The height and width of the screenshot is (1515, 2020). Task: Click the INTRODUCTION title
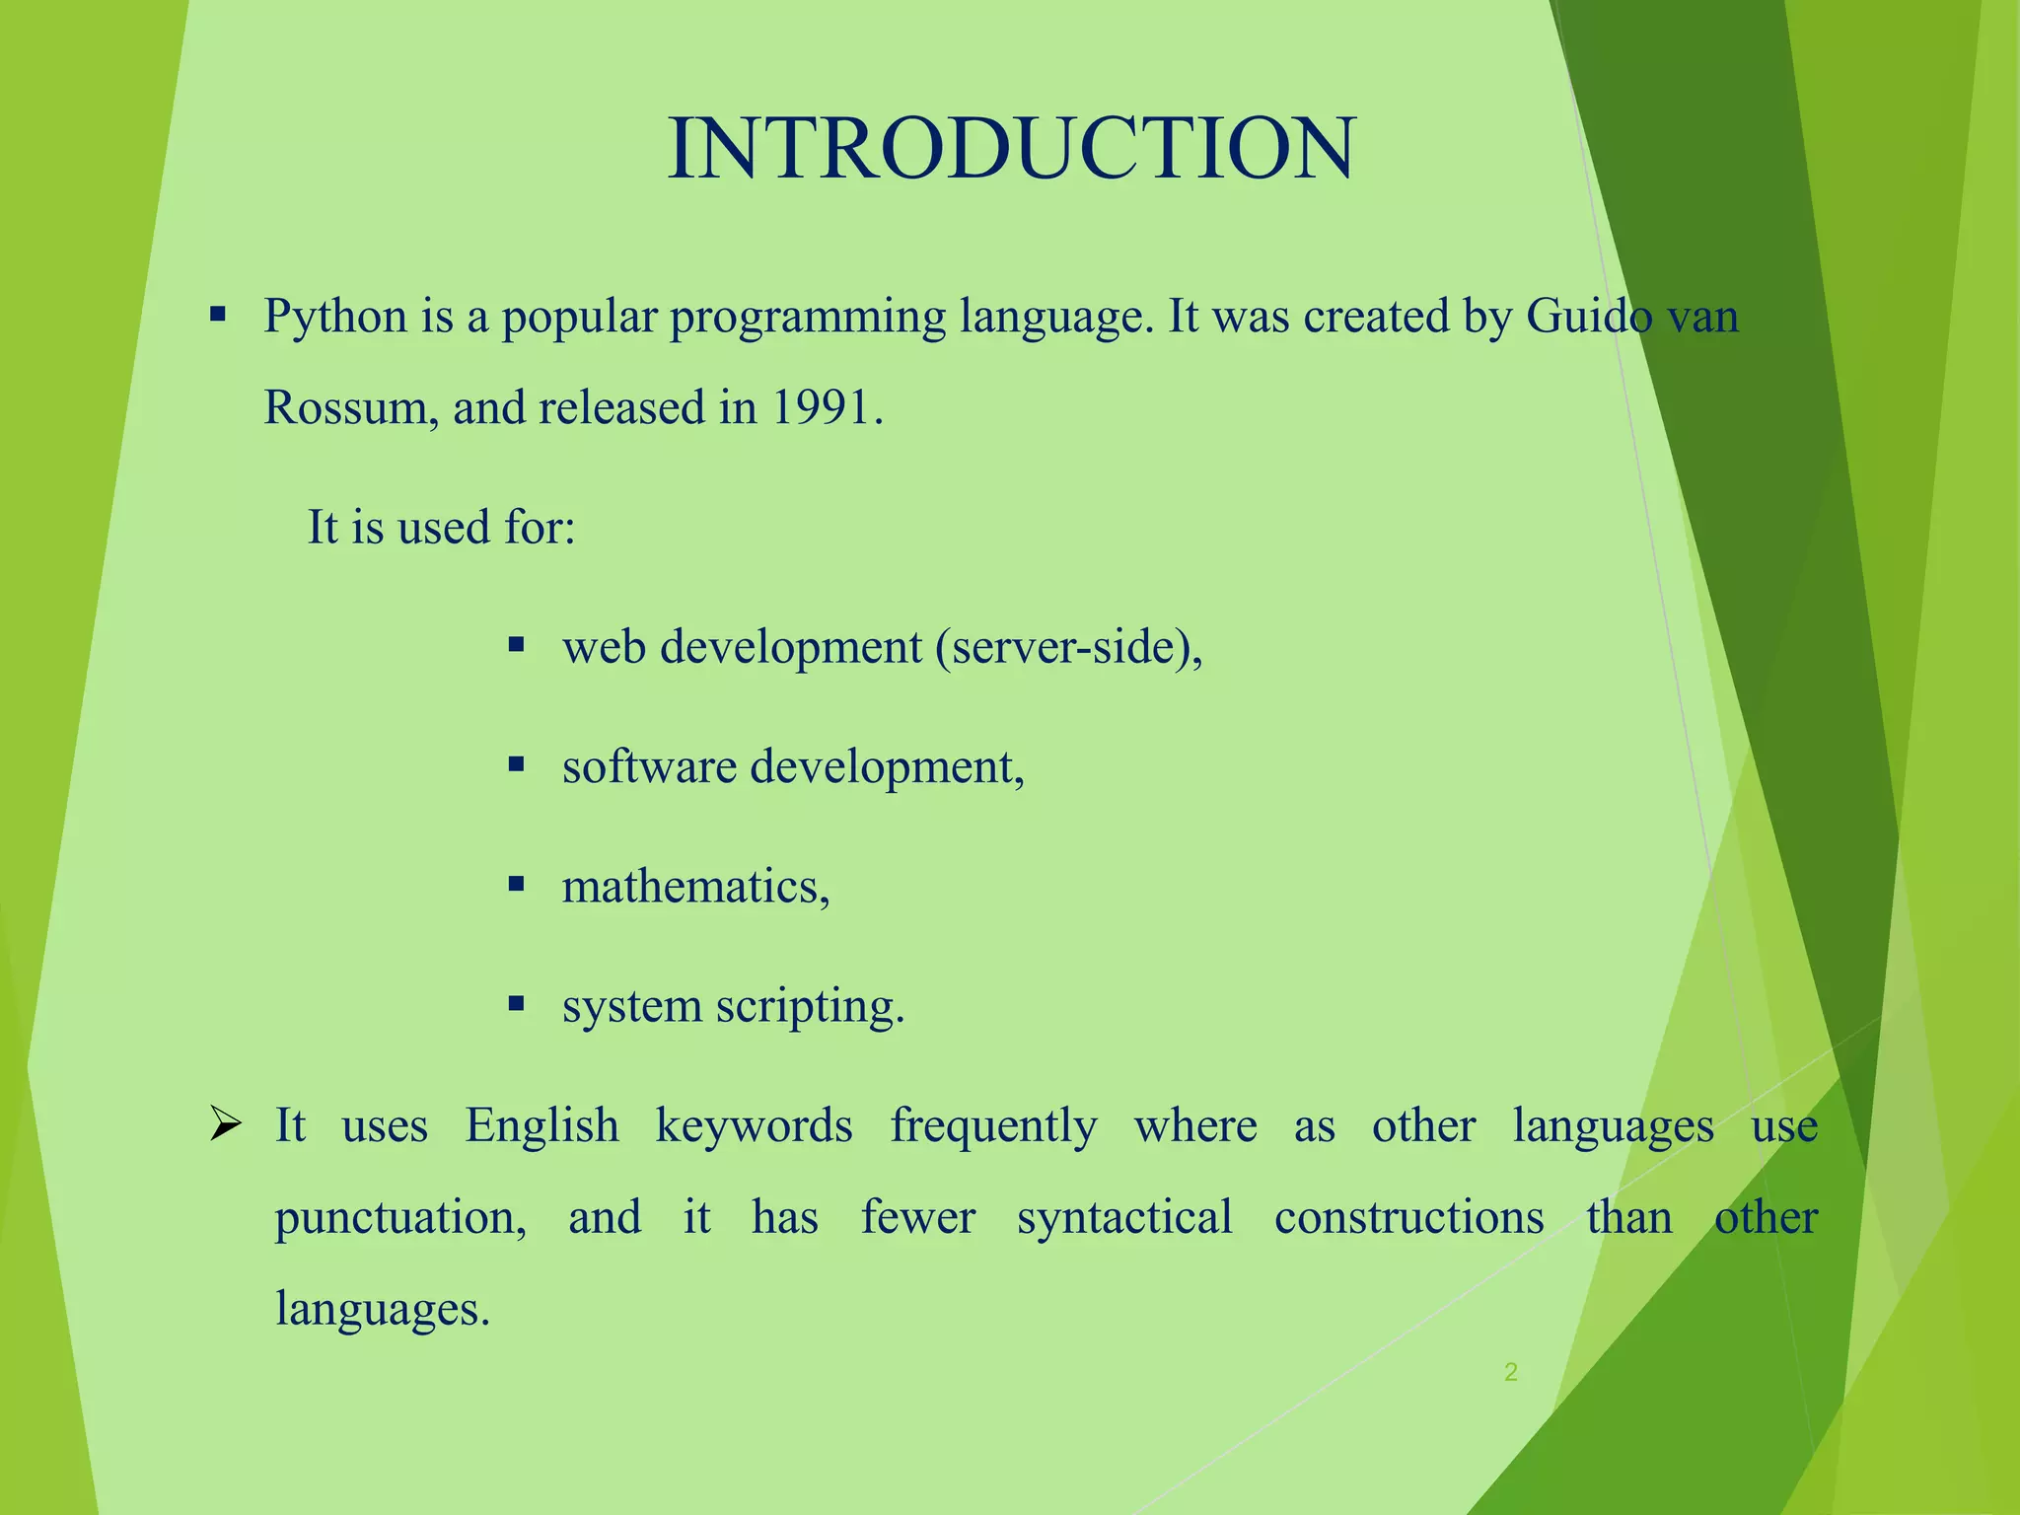click(x=1011, y=148)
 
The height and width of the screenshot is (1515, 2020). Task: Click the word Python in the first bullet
click(x=335, y=318)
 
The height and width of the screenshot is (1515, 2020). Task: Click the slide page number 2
click(x=1510, y=1371)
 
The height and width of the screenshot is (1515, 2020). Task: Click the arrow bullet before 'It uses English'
click(x=226, y=1125)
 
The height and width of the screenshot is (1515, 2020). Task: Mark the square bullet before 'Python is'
click(x=218, y=317)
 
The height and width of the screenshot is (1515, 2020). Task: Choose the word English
click(x=541, y=1125)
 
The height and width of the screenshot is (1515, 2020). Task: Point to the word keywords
click(x=754, y=1125)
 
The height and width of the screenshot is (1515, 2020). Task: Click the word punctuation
click(x=399, y=1218)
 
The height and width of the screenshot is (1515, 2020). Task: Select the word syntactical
click(x=1124, y=1217)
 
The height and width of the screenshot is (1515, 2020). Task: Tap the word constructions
click(x=1408, y=1217)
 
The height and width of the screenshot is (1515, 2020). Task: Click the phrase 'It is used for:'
click(x=441, y=527)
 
